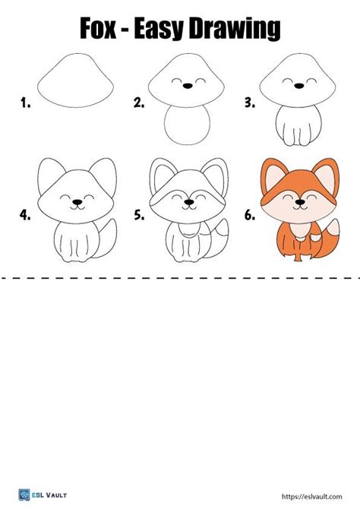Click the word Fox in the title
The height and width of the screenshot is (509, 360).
coord(102,30)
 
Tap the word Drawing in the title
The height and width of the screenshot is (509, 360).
coord(236,30)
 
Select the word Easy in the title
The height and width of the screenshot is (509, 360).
coord(169,30)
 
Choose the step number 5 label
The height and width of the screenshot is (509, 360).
coord(139,215)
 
